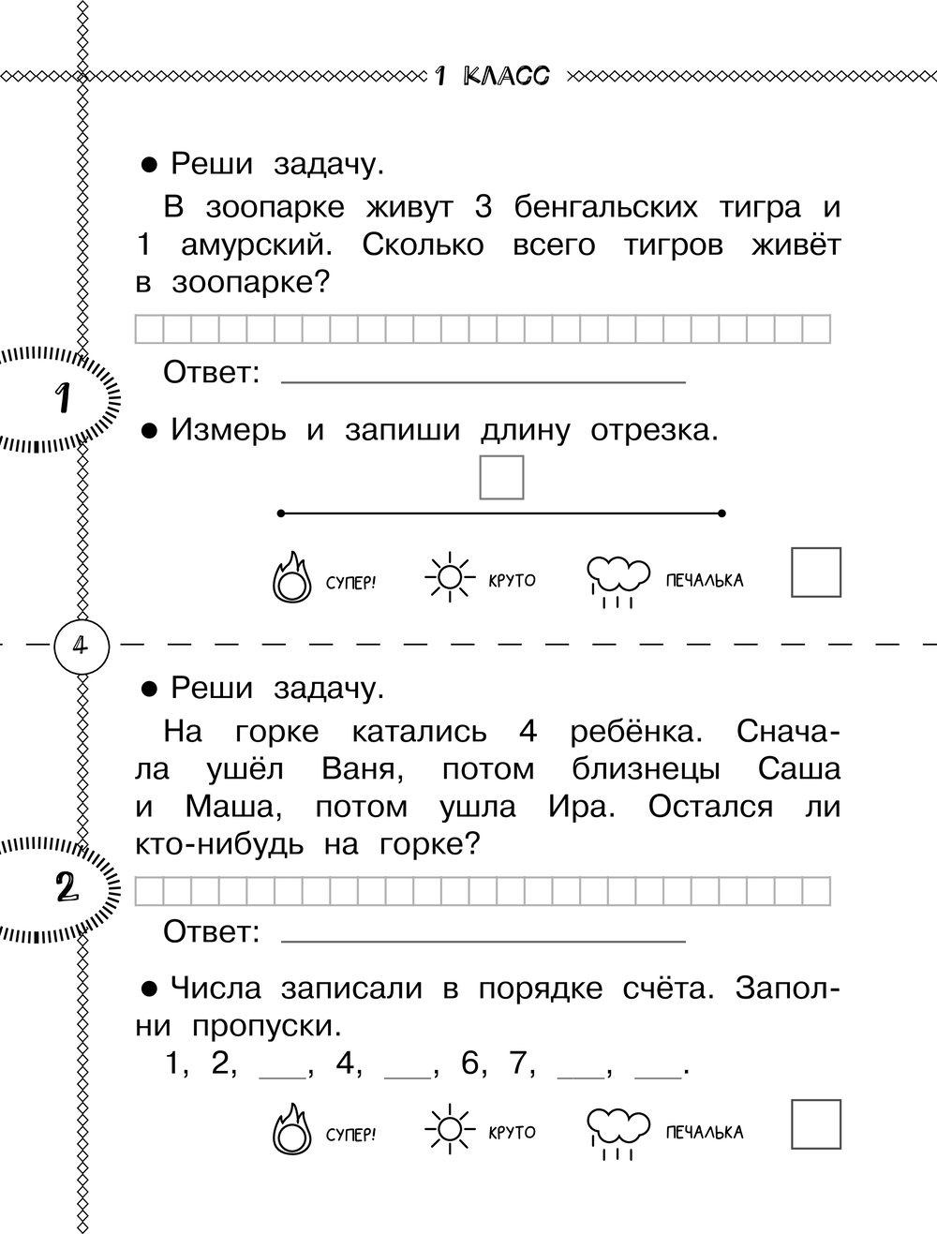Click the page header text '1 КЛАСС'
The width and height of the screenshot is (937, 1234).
492,76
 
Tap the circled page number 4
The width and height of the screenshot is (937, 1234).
82,646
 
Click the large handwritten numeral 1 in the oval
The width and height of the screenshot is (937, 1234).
63,398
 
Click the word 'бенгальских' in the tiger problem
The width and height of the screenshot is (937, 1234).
605,207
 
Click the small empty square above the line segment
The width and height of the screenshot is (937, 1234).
501,477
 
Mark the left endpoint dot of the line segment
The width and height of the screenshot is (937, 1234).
281,513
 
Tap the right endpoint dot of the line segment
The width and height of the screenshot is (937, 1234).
721,513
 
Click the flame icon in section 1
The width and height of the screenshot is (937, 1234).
291,577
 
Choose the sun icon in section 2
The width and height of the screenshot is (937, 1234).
450,1129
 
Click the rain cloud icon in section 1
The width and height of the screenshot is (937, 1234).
617,581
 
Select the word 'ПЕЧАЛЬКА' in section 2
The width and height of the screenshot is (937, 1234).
705,1133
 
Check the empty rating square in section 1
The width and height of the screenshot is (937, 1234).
816,572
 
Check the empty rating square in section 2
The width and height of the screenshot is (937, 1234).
816,1124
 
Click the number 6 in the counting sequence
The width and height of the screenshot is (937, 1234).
469,1063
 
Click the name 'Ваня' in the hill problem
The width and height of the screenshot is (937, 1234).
363,769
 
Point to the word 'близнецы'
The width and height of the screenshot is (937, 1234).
647,770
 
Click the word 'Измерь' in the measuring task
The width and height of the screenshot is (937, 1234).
229,431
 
